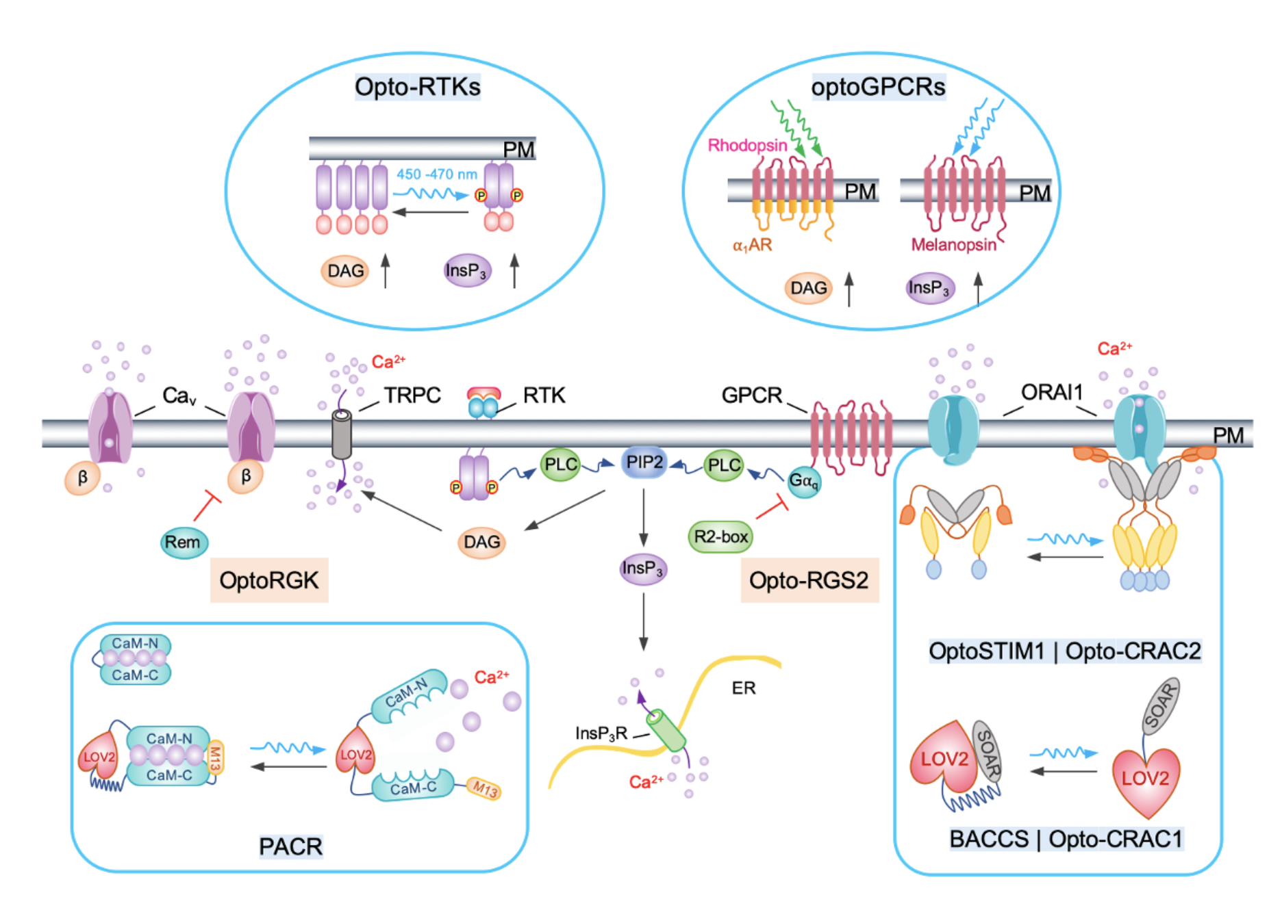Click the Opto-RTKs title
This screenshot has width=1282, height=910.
point(417,87)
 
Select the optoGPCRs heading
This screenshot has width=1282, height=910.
point(878,87)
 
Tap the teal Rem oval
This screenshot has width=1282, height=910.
point(183,543)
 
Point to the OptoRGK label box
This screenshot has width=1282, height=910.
point(268,580)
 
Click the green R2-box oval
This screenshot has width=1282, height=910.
point(720,536)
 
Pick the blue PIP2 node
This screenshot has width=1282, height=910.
point(644,463)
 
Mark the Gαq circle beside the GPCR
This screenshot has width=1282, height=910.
point(803,481)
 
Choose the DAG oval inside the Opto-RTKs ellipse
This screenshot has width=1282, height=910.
point(345,271)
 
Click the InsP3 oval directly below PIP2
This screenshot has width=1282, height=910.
point(642,569)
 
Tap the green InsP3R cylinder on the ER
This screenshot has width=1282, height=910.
point(666,730)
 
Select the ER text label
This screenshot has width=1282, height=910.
point(744,688)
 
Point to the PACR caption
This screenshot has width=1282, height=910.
point(290,846)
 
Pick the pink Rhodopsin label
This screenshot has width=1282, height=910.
point(747,145)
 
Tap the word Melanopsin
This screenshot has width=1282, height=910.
point(953,244)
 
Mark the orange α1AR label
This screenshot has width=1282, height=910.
point(752,245)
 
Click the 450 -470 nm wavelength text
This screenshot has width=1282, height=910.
point(436,174)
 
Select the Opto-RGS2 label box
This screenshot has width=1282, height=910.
point(809,580)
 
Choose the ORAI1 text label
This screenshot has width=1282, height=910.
point(1052,392)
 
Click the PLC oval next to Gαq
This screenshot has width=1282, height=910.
point(724,465)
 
